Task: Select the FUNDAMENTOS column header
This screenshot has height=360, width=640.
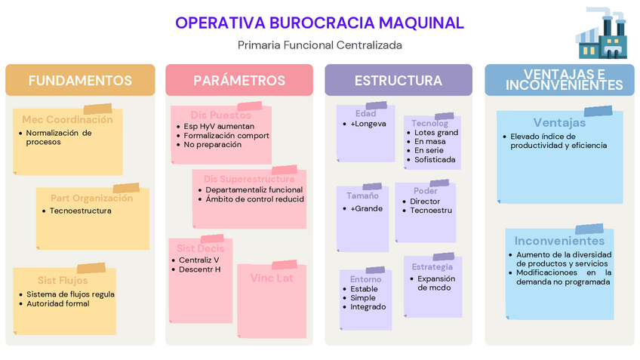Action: tap(80, 81)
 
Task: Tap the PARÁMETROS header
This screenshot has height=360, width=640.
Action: tap(239, 81)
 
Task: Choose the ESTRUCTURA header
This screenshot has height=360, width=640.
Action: tap(398, 81)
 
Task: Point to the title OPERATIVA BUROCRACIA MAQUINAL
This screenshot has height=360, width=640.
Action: tap(319, 23)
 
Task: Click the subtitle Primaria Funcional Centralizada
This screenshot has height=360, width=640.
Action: tap(319, 45)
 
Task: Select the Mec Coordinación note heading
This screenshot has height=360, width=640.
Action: tap(67, 120)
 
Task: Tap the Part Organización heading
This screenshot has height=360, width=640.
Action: tap(91, 198)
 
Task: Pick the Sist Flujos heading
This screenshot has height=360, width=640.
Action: tap(63, 281)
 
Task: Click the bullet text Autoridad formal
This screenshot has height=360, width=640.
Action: tap(57, 303)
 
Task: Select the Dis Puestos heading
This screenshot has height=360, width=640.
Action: tap(220, 115)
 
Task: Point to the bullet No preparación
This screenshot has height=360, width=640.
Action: tap(213, 144)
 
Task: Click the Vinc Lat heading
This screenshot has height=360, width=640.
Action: tap(272, 278)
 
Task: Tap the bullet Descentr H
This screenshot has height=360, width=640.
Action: tap(200, 269)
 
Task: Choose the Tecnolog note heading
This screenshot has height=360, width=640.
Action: tap(429, 123)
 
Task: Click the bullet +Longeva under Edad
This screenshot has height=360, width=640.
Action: tap(368, 124)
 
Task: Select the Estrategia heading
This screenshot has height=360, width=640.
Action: tap(432, 267)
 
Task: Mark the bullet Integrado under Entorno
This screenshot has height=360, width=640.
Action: tap(368, 307)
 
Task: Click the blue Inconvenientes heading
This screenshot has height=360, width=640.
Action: tap(559, 241)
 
